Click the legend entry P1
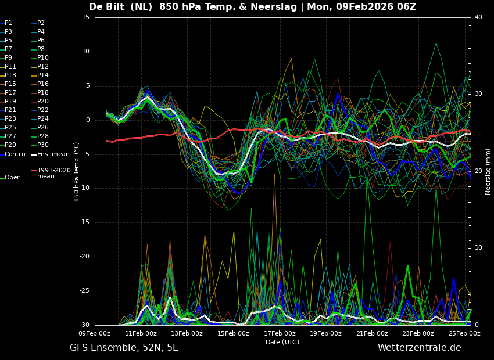8,23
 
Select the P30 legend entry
43,145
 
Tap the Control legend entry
15,154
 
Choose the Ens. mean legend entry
53,154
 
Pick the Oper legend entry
12,178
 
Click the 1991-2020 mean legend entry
53,173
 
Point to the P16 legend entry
43,84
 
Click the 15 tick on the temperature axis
85,17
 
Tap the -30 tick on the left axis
84,325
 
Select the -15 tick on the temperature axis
84,222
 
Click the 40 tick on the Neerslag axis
478,17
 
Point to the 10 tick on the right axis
478,248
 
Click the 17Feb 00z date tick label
280,334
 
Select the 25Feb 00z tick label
464,334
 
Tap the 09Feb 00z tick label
95,334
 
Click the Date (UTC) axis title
282,343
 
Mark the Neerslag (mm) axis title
488,171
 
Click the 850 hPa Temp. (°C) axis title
76,171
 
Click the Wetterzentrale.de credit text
419,348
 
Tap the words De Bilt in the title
109,7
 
